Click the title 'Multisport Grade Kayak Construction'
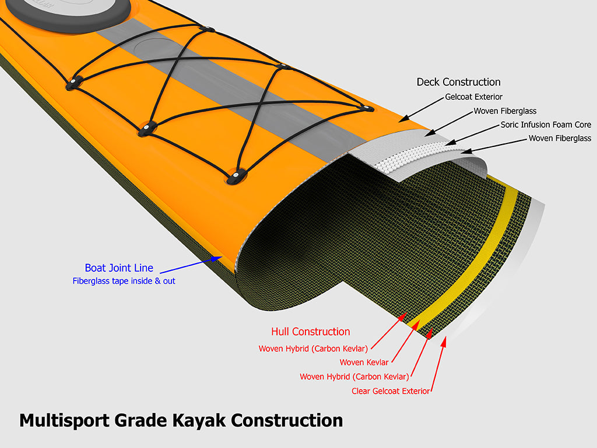click(181, 420)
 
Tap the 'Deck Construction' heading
click(458, 82)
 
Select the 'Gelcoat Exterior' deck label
click(473, 97)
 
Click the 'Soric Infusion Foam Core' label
click(546, 125)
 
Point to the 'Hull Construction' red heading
click(310, 332)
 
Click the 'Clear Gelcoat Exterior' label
click(390, 391)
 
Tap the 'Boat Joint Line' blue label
click(119, 268)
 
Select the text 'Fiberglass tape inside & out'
click(124, 281)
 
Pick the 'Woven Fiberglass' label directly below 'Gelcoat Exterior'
click(505, 111)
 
